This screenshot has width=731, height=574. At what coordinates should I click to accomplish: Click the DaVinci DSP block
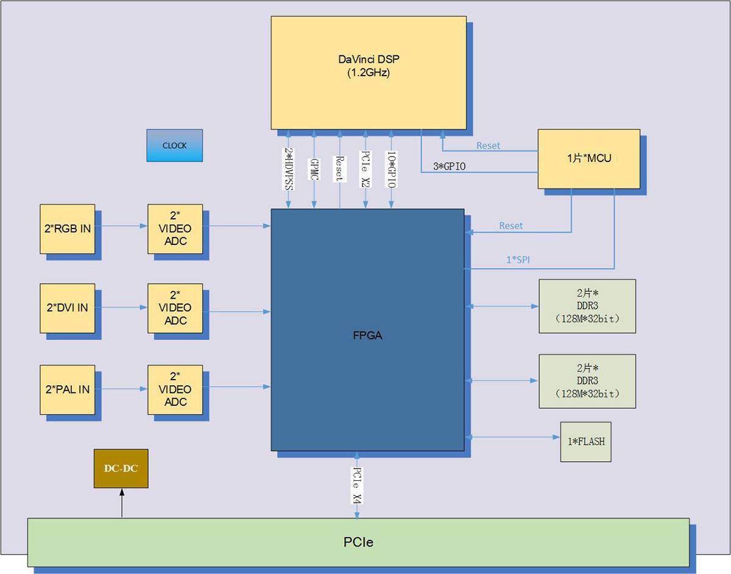[369, 72]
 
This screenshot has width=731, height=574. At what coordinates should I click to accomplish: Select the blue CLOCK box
[174, 145]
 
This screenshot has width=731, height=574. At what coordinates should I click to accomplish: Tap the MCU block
[588, 158]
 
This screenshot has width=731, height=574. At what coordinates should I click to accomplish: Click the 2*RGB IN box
[67, 229]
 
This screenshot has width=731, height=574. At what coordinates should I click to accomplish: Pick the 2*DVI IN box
[67, 308]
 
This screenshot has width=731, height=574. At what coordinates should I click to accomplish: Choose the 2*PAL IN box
[67, 389]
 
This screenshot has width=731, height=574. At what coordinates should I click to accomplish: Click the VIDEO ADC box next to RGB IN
[175, 229]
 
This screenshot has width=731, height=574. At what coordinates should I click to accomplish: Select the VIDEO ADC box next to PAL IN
[175, 389]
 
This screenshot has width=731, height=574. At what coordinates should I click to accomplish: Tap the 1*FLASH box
[585, 441]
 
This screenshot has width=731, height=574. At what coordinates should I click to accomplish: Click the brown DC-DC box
[121, 469]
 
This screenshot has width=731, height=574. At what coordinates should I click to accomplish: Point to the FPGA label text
[367, 335]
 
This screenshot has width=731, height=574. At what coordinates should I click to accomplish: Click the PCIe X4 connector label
[357, 485]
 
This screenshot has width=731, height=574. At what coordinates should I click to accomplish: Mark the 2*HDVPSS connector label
[288, 169]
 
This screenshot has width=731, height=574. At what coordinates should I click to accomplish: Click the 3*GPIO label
[449, 166]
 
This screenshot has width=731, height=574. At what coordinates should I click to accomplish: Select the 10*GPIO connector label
[392, 169]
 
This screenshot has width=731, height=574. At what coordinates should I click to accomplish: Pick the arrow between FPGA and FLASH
[512, 436]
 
